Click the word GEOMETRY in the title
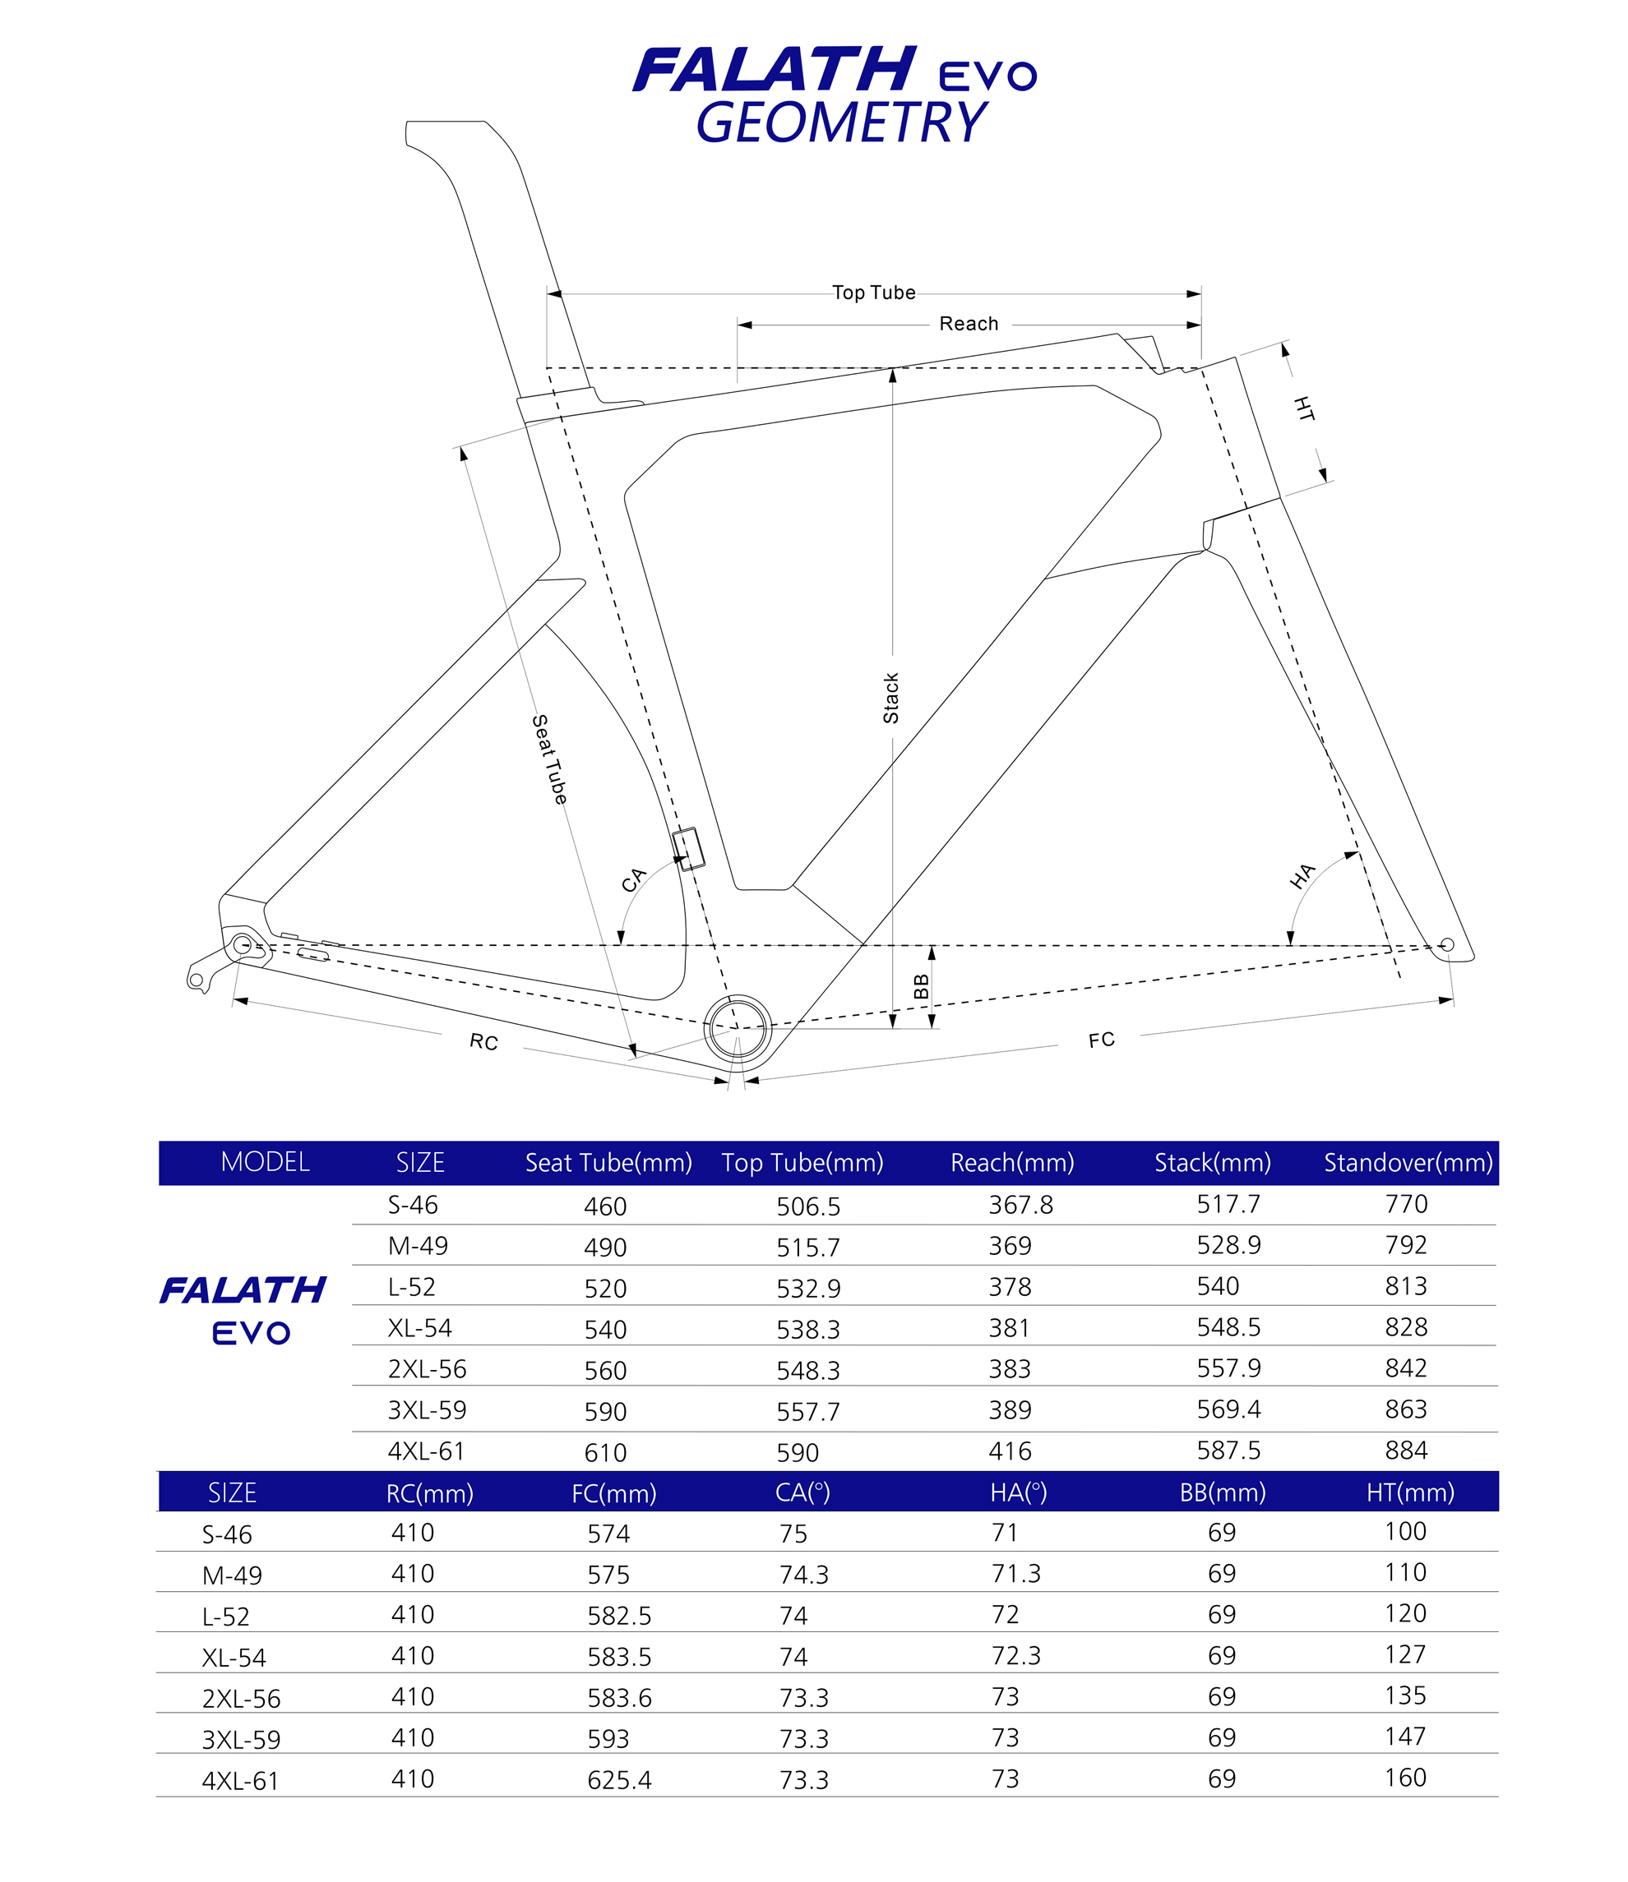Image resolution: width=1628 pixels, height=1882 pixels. pyautogui.click(x=840, y=122)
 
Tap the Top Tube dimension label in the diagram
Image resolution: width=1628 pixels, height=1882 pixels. pyautogui.click(x=873, y=293)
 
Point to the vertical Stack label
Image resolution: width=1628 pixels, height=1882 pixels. pyautogui.click(x=891, y=698)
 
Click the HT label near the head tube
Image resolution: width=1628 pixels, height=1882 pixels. pyautogui.click(x=1304, y=408)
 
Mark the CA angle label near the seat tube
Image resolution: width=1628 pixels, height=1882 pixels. pyautogui.click(x=633, y=879)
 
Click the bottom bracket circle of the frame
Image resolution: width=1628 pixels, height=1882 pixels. pyautogui.click(x=738, y=1027)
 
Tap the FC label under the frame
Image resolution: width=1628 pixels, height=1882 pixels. pyautogui.click(x=1101, y=1040)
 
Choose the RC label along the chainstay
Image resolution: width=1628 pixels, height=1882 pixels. pyautogui.click(x=483, y=1042)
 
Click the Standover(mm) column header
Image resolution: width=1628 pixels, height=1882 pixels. pyautogui.click(x=1408, y=1163)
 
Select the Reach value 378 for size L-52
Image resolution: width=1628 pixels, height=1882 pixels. pyautogui.click(x=1010, y=1287)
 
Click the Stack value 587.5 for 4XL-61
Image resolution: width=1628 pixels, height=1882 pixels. pyautogui.click(x=1228, y=1451)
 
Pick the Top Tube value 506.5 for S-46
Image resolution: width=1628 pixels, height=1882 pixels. pyautogui.click(x=807, y=1206)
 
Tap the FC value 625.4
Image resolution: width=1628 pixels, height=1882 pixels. pyautogui.click(x=618, y=1779)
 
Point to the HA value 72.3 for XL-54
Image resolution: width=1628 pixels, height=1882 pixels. pyautogui.click(x=1015, y=1656)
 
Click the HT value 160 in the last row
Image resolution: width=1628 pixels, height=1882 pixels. pyautogui.click(x=1404, y=1778)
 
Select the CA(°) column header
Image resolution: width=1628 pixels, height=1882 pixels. pyautogui.click(x=802, y=1492)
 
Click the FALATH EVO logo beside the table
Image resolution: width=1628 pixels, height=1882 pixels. pyautogui.click(x=243, y=1309)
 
